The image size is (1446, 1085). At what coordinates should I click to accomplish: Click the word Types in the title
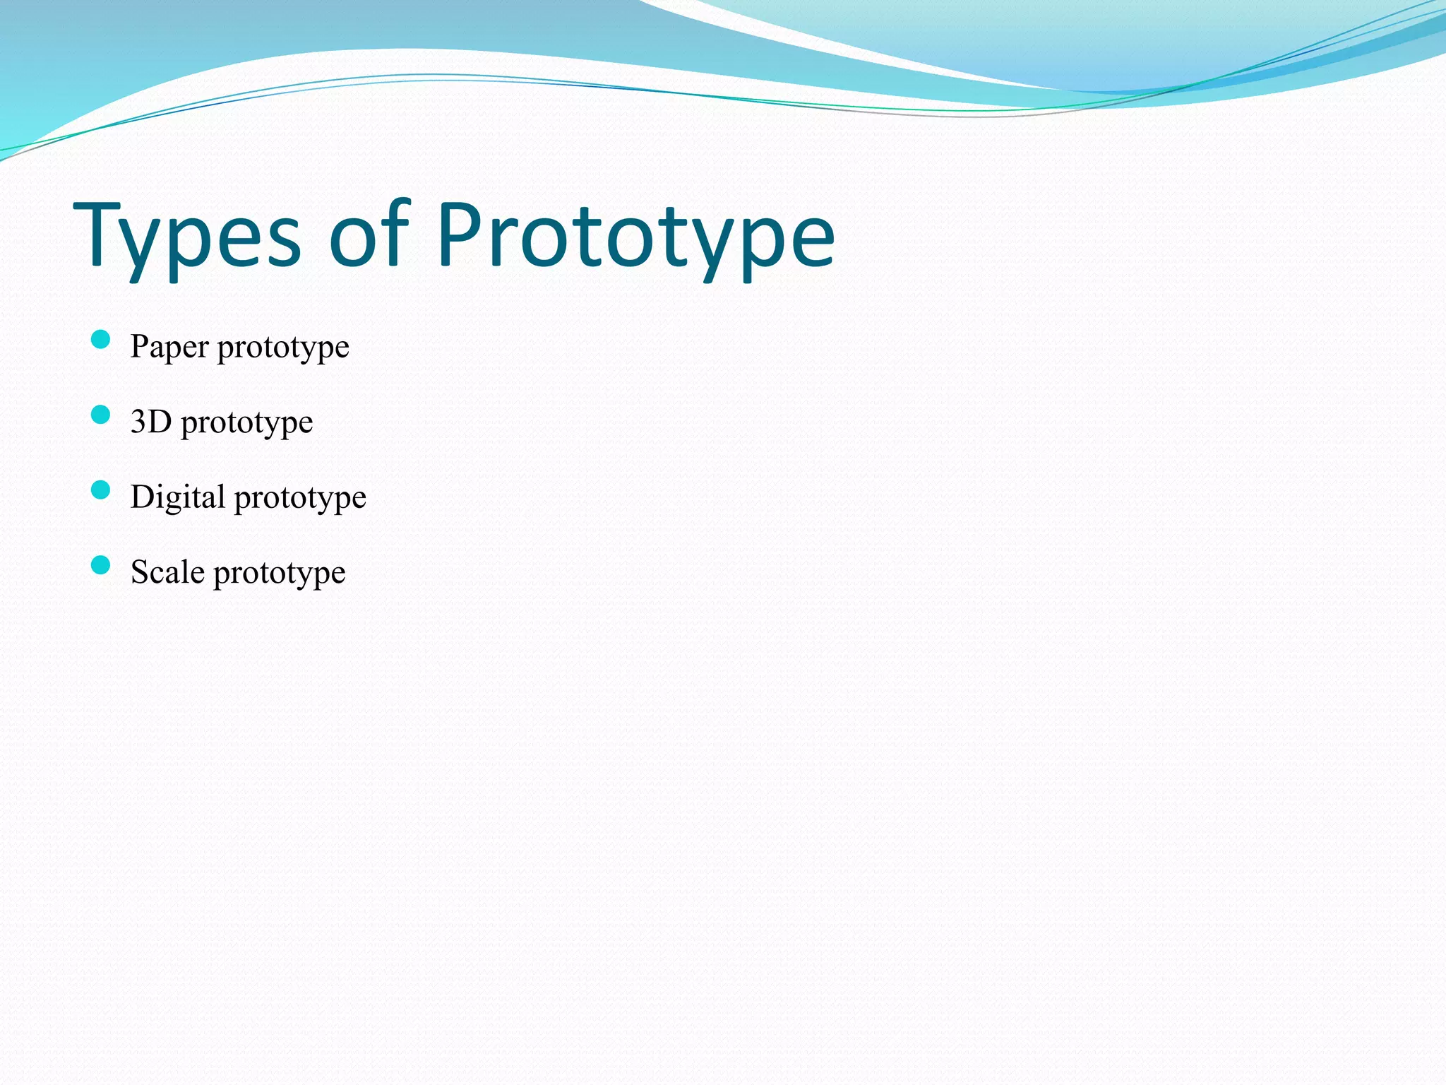188,237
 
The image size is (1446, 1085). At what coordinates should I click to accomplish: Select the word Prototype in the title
635,237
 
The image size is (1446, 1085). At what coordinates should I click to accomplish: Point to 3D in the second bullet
151,422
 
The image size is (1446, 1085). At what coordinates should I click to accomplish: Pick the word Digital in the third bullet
178,497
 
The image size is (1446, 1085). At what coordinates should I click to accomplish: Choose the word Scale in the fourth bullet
167,572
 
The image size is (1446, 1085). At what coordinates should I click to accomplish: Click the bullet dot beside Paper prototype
101,340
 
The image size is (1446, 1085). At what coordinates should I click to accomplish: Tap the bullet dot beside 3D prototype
101,415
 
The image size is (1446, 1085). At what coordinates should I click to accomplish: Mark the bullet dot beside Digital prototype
101,490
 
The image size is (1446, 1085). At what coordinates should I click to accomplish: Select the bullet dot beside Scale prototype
101,565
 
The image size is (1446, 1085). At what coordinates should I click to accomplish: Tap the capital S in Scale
140,572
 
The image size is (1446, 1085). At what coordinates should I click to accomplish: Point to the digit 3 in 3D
139,422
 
